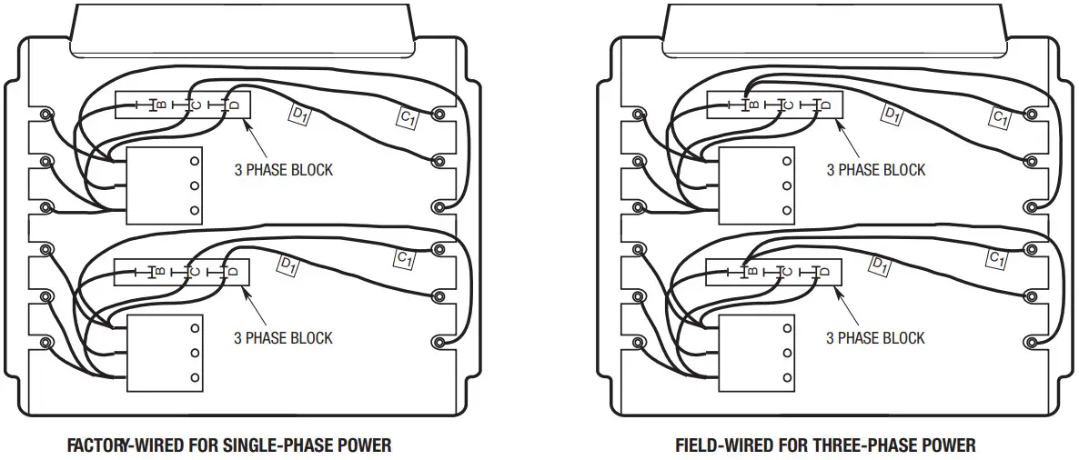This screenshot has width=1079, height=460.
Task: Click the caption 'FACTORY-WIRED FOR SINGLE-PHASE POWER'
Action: (x=229, y=445)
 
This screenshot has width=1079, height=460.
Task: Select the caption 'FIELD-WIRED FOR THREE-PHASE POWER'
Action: (x=825, y=445)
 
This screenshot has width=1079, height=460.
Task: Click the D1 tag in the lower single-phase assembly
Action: (x=288, y=265)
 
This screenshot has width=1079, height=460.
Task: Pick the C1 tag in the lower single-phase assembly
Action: (x=405, y=258)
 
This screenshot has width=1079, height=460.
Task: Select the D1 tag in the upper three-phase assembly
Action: (x=892, y=114)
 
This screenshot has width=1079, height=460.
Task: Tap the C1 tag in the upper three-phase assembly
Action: (x=1000, y=117)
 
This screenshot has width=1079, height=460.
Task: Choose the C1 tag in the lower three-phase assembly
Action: (x=997, y=259)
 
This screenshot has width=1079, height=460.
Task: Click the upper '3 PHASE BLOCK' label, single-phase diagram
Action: (x=284, y=170)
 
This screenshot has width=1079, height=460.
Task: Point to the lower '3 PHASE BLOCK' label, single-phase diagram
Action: (x=284, y=338)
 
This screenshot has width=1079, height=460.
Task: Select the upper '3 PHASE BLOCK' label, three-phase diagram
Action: (x=875, y=170)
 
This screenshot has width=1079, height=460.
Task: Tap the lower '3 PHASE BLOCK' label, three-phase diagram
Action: (x=875, y=338)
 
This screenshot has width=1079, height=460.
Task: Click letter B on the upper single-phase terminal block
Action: (x=161, y=105)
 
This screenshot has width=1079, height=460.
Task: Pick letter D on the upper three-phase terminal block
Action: (x=825, y=105)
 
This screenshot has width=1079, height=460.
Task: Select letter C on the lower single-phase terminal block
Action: (x=197, y=272)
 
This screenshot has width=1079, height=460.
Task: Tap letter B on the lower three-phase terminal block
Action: (x=753, y=272)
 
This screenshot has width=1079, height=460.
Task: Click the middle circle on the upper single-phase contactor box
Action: (x=194, y=185)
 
